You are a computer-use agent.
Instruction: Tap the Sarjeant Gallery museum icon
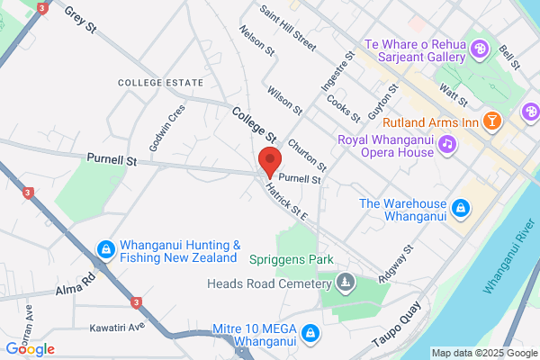point(480,49)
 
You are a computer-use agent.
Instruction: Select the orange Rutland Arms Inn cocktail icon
point(491,121)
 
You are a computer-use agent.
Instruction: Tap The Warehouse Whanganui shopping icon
point(460,209)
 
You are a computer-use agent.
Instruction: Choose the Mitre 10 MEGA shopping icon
point(310,334)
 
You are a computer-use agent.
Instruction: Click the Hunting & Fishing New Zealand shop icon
point(105,247)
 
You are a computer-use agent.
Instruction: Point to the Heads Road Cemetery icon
point(344,284)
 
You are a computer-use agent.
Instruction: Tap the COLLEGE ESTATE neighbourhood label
point(160,83)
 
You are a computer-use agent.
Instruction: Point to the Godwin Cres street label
point(167,126)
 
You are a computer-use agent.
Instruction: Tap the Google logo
point(31,348)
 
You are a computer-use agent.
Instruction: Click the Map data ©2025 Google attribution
point(483,352)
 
